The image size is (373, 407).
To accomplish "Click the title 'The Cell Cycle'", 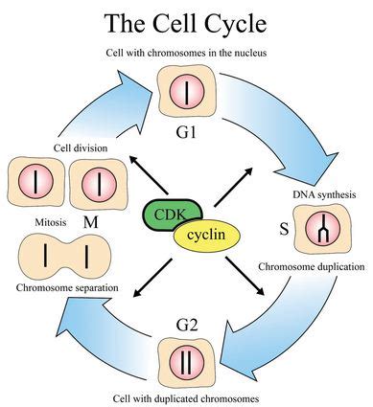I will pos(186,21).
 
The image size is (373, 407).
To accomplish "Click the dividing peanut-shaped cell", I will pos(60,257).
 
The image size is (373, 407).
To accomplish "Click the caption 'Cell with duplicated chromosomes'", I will pos(186,396).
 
